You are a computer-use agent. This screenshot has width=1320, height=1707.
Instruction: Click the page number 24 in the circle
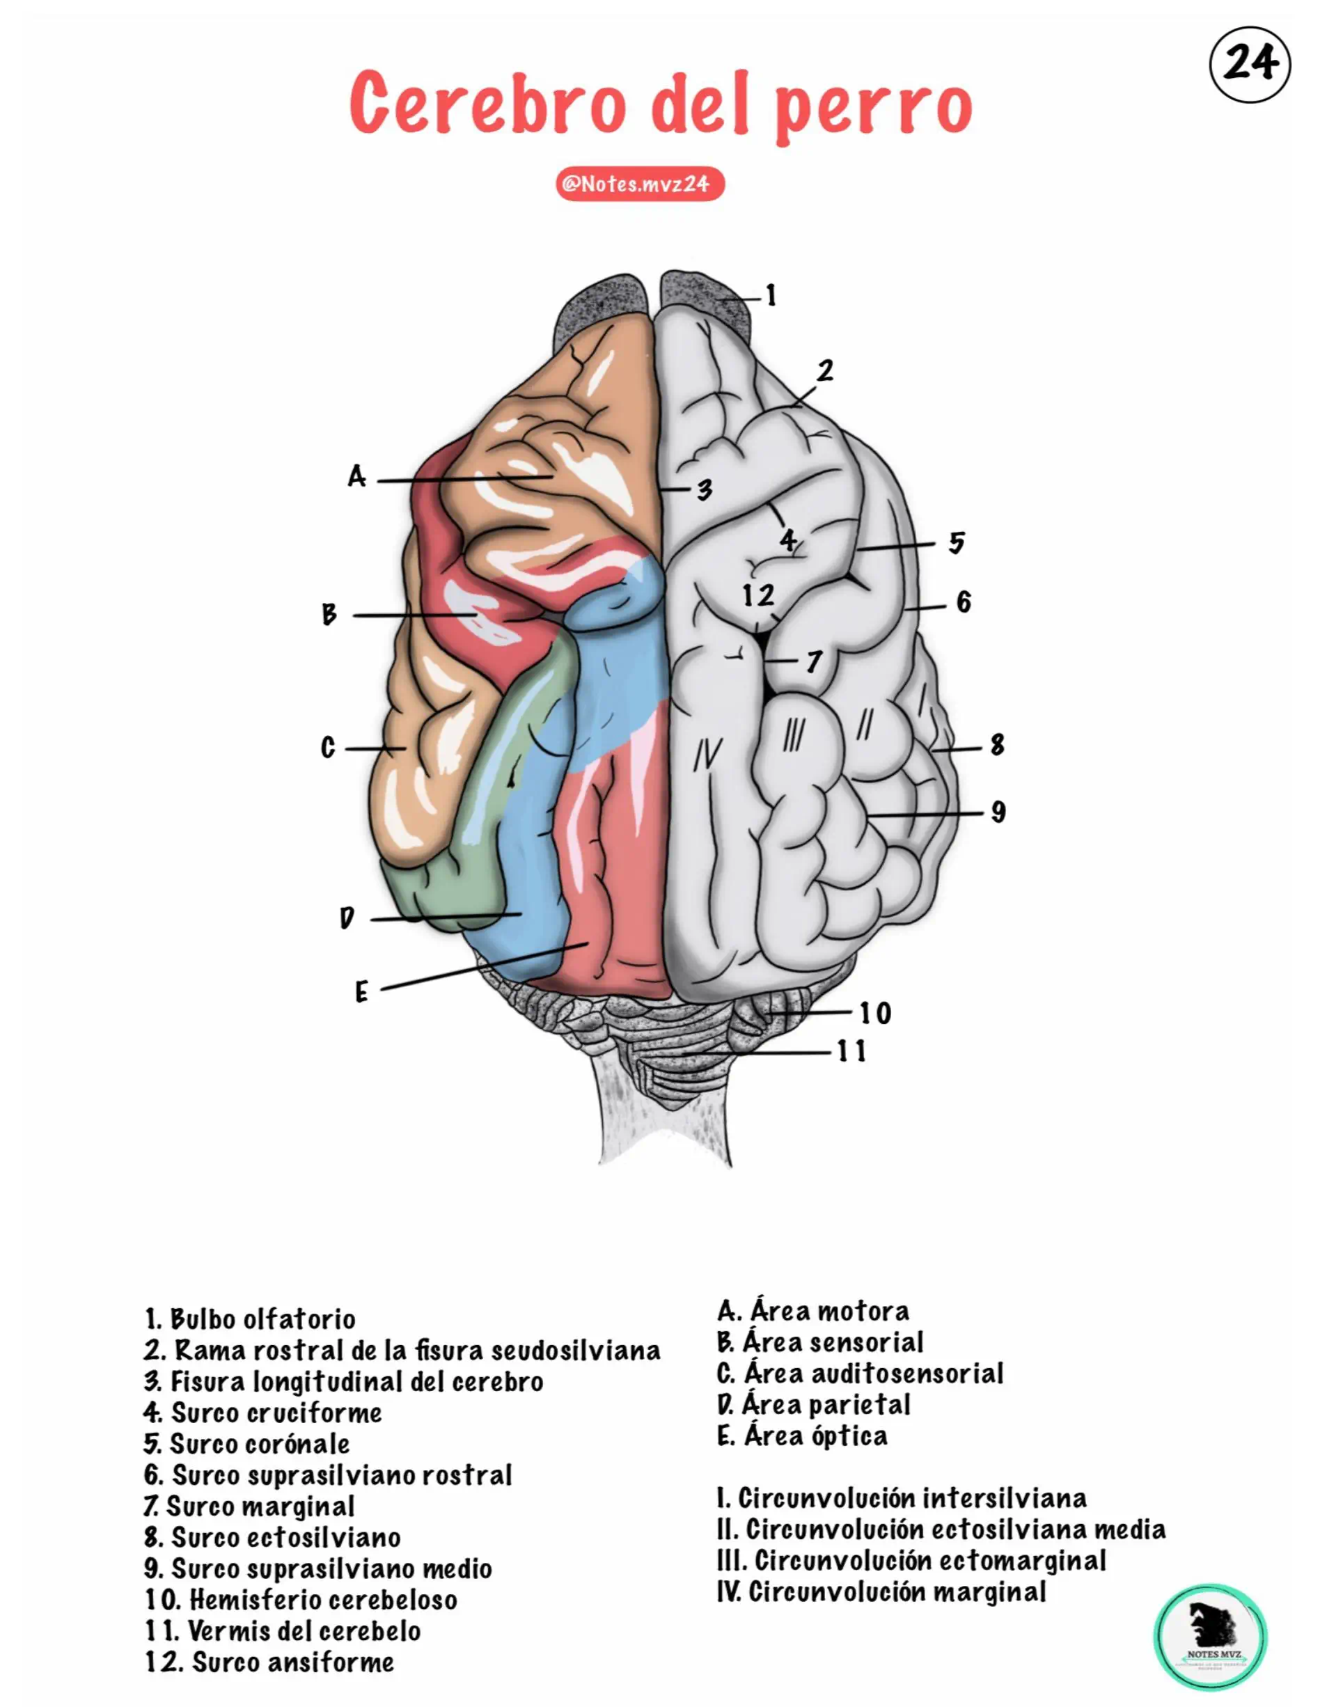[1249, 63]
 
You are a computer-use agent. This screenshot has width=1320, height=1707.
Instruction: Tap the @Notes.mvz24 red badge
[639, 184]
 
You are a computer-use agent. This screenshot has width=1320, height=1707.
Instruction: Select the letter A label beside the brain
[356, 476]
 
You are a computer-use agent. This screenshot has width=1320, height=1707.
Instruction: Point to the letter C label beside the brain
[328, 748]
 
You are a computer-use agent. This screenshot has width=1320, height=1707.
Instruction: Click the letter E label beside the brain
[361, 993]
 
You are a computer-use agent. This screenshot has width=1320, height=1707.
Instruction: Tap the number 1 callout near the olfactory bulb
[771, 295]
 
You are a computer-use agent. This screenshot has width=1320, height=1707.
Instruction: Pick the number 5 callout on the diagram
[957, 542]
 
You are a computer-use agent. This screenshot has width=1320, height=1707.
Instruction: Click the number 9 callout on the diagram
[998, 812]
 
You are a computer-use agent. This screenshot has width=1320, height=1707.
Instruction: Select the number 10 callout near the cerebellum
[875, 1014]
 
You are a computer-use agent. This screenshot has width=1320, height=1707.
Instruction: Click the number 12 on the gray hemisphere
[758, 596]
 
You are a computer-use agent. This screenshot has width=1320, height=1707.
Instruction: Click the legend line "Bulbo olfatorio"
[250, 1319]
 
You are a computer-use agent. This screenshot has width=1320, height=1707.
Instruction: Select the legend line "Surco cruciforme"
[262, 1413]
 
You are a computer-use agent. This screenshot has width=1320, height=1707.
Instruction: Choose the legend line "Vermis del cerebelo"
[283, 1631]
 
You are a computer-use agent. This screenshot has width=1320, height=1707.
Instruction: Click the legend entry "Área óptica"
[803, 1435]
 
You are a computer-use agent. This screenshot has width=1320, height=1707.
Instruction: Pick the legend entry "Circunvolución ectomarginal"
[912, 1561]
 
